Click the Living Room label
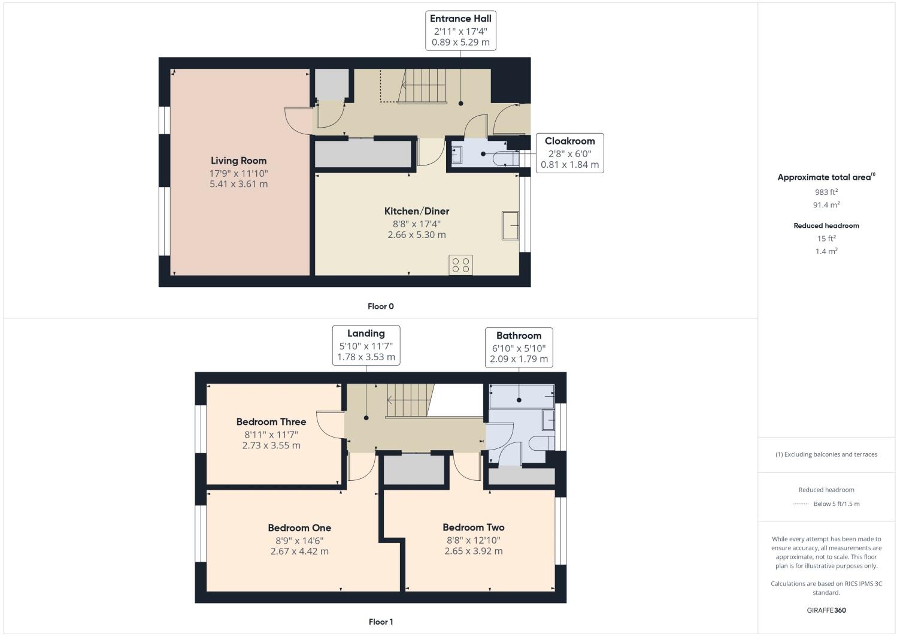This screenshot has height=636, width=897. pos(238,161)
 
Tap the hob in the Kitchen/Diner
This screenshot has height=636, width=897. pos(460,265)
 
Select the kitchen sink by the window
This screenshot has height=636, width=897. pos(511,225)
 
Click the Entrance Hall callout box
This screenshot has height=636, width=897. pos(460,31)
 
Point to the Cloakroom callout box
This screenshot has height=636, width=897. pos(569,153)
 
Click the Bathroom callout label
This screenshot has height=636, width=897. pos(519,336)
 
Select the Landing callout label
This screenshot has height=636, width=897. pos(366,334)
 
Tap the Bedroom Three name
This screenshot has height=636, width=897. pos(271,422)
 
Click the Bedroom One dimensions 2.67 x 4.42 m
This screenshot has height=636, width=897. pos(299,551)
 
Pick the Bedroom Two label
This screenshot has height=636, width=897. pos(473,528)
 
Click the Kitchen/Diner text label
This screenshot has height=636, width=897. pos(416,211)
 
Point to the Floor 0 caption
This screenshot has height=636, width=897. pos(380,306)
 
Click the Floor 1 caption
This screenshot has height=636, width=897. pos(380,622)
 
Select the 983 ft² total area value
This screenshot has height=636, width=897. pos(826,192)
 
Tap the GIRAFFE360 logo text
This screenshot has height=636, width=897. pos(826,611)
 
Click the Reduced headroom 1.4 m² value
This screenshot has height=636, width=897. pos(826,251)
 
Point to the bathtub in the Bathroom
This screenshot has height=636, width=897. pos(522,396)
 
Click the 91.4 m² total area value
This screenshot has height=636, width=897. pos(826,205)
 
